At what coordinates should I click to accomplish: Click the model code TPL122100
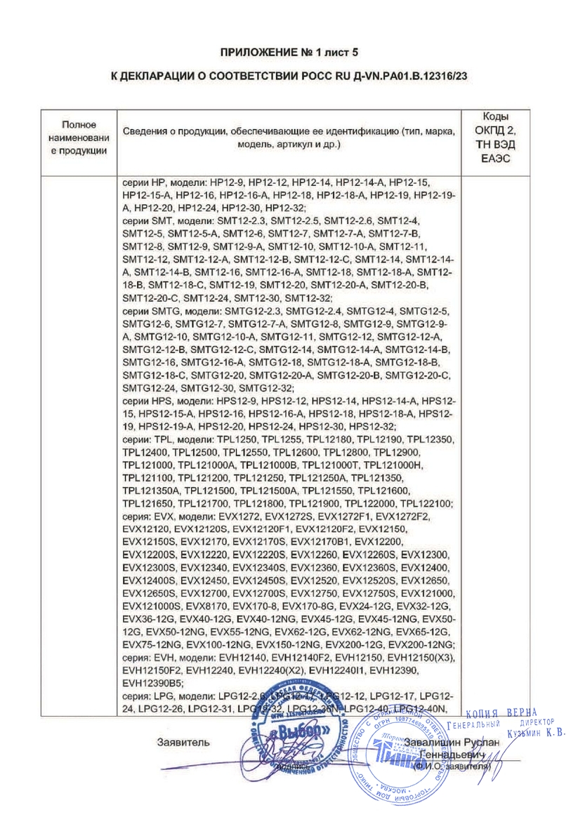pyautogui.click(x=425, y=503)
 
